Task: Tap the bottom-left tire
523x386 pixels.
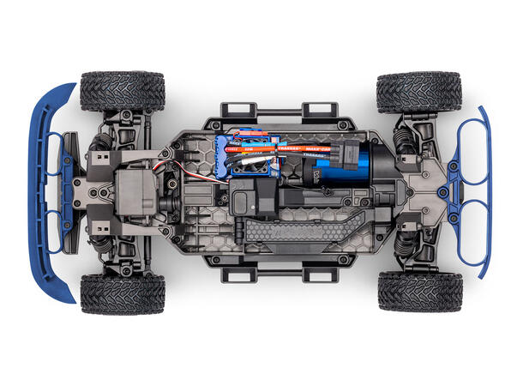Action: coord(123,294)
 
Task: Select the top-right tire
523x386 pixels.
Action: coord(419,91)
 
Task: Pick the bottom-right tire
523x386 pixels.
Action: coord(419,293)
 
